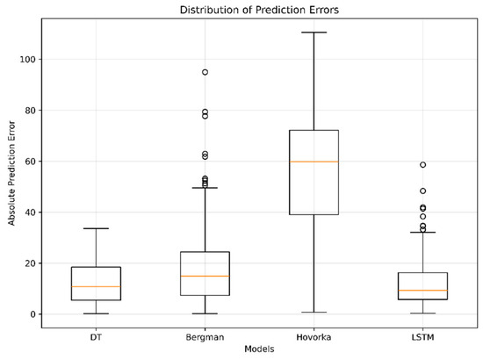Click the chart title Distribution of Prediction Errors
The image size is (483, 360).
259,10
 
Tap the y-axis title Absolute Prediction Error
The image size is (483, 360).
11,173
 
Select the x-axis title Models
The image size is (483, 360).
259,349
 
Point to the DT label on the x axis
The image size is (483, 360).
96,337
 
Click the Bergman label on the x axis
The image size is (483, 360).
205,337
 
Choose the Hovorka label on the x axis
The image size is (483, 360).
314,337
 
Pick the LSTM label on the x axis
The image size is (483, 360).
422,337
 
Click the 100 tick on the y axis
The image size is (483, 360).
28,59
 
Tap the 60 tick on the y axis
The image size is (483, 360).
30,162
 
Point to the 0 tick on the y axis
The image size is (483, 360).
33,314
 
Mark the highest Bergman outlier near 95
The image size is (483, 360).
205,72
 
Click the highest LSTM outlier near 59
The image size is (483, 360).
423,165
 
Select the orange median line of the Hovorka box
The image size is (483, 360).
314,162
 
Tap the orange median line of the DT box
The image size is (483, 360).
96,287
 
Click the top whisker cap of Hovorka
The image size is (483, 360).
314,32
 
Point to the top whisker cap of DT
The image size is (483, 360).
96,228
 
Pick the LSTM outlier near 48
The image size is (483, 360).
423,191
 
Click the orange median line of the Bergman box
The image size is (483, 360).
205,277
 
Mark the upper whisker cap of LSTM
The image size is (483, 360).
423,232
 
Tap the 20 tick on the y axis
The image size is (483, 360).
30,263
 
